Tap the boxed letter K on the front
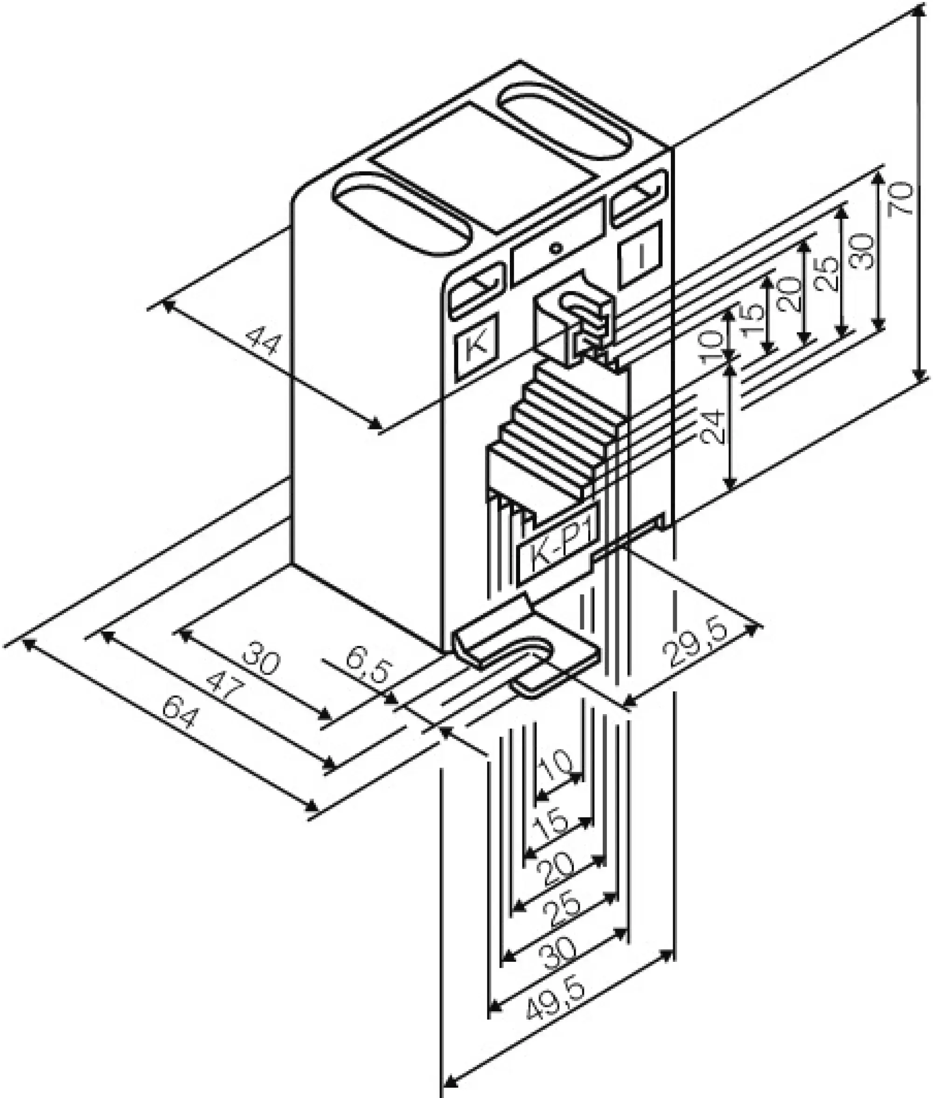pos(477,347)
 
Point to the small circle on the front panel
pos(555,248)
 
